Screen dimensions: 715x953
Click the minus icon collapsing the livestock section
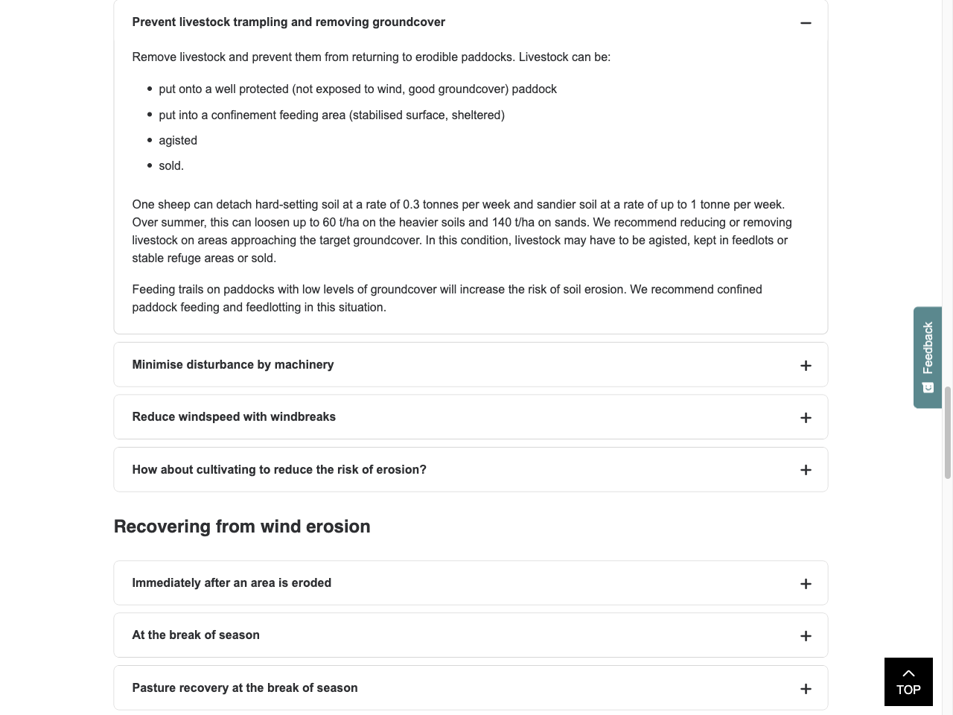click(806, 23)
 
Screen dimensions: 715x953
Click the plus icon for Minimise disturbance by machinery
click(806, 366)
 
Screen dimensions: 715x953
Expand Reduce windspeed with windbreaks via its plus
click(806, 418)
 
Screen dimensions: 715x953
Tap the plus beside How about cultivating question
click(806, 470)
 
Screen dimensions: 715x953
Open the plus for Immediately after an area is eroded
click(806, 584)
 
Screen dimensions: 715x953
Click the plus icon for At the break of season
click(806, 636)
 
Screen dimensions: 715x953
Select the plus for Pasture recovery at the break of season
click(806, 689)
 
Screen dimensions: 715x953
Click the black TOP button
click(908, 681)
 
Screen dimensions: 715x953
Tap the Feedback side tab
click(928, 357)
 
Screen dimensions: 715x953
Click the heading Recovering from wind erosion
click(242, 527)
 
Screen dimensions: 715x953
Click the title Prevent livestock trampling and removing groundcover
click(288, 22)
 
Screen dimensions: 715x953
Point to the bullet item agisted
click(178, 141)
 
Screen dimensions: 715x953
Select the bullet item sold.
click(170, 166)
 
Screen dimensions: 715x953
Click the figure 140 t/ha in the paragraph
click(513, 223)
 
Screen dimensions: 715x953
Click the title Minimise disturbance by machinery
click(233, 365)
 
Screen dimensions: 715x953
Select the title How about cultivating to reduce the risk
click(279, 470)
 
